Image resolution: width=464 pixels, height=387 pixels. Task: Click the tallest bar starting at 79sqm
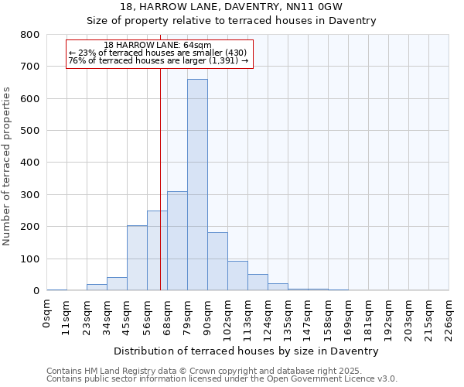tap(197, 185)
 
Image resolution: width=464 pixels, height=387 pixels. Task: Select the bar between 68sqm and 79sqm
tap(177, 241)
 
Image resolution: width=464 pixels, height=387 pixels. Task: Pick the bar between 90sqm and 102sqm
tap(217, 262)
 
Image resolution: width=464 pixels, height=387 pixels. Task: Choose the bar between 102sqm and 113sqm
tap(237, 276)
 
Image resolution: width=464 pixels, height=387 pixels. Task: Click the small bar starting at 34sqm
tap(117, 284)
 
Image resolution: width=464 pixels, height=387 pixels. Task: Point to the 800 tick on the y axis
tap(31, 35)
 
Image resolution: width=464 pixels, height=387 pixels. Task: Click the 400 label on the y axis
tap(31, 163)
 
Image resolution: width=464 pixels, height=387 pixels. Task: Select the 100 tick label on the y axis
tap(31, 259)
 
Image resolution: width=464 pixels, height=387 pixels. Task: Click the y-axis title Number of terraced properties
tap(8, 166)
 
